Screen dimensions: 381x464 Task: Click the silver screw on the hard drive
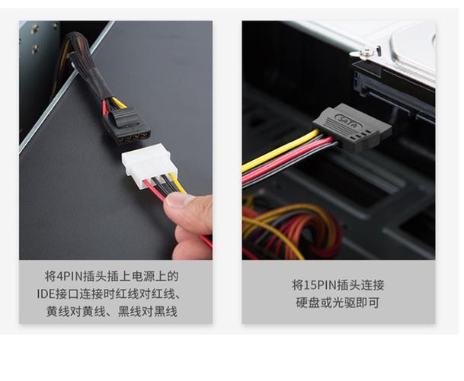pos(366,51)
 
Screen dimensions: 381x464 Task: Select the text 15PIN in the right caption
pos(309,285)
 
